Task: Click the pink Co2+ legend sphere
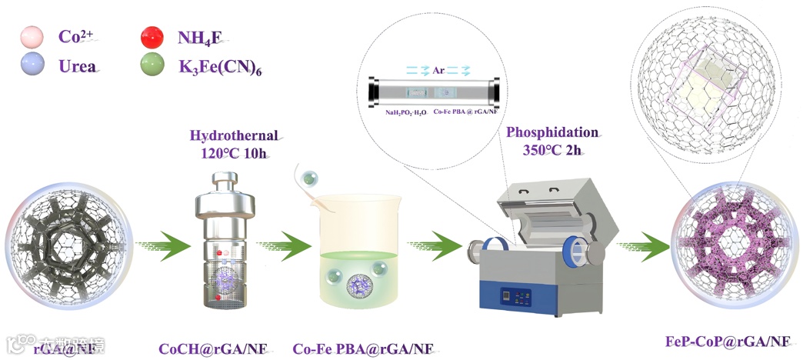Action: click(x=35, y=36)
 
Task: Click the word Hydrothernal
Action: click(x=235, y=136)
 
